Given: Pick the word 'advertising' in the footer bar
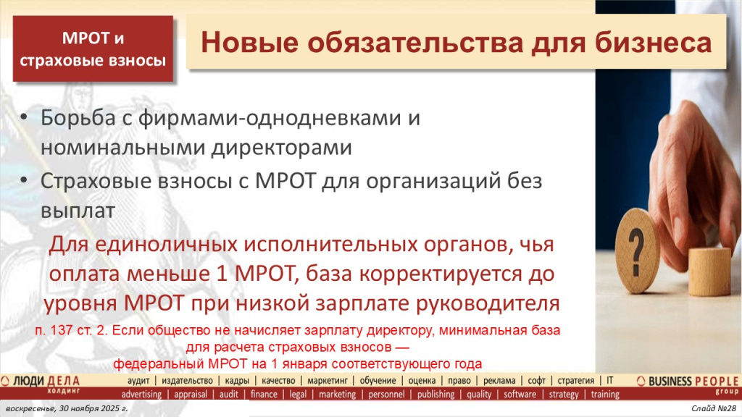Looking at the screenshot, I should tap(141, 395).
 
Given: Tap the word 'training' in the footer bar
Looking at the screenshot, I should tap(605, 395).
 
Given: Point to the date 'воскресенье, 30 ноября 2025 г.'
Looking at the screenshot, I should tap(57, 410).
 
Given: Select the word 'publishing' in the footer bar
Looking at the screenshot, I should tap(435, 395).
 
